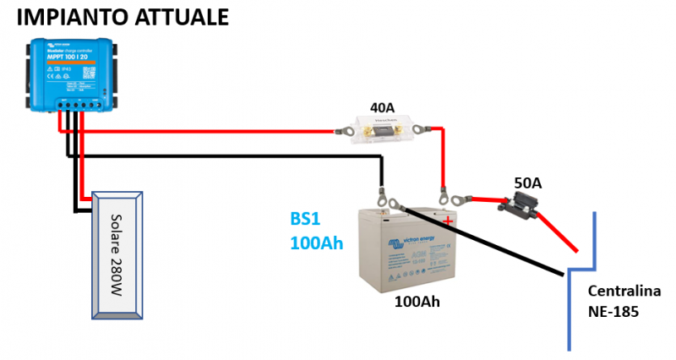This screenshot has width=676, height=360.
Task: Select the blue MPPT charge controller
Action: click(73, 75)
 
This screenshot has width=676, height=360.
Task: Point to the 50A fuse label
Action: click(529, 183)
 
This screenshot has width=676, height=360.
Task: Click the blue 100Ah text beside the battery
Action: click(316, 243)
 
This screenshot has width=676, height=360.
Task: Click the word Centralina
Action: click(624, 292)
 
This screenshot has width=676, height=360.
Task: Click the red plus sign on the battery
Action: click(447, 221)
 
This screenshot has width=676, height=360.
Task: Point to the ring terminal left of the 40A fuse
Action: click(343, 131)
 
